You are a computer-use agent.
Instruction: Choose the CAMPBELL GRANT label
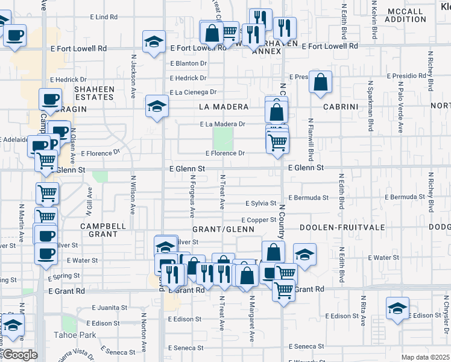[x=103, y=230]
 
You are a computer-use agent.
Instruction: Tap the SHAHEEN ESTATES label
[x=94, y=93]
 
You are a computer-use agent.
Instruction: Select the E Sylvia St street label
[x=260, y=203]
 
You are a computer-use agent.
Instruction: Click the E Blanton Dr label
[x=188, y=63]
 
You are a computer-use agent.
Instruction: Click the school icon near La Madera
[x=157, y=107]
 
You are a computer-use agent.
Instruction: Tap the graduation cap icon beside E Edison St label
[x=397, y=308]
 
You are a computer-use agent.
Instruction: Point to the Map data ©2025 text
[x=426, y=357]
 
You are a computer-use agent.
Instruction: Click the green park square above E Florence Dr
[x=224, y=139]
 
